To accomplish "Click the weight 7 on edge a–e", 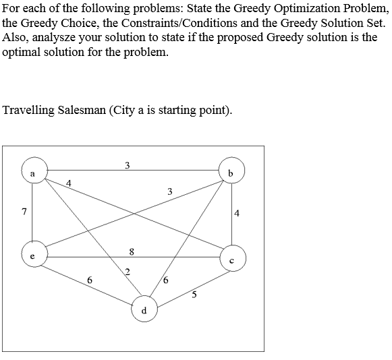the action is [x=24, y=212].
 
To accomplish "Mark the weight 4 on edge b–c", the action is [x=237, y=214].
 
